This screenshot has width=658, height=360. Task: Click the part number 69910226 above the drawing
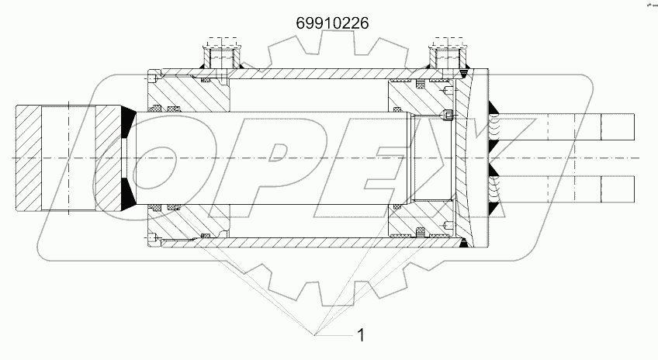(x=332, y=22)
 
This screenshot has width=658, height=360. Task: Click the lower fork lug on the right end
(x=590, y=189)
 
